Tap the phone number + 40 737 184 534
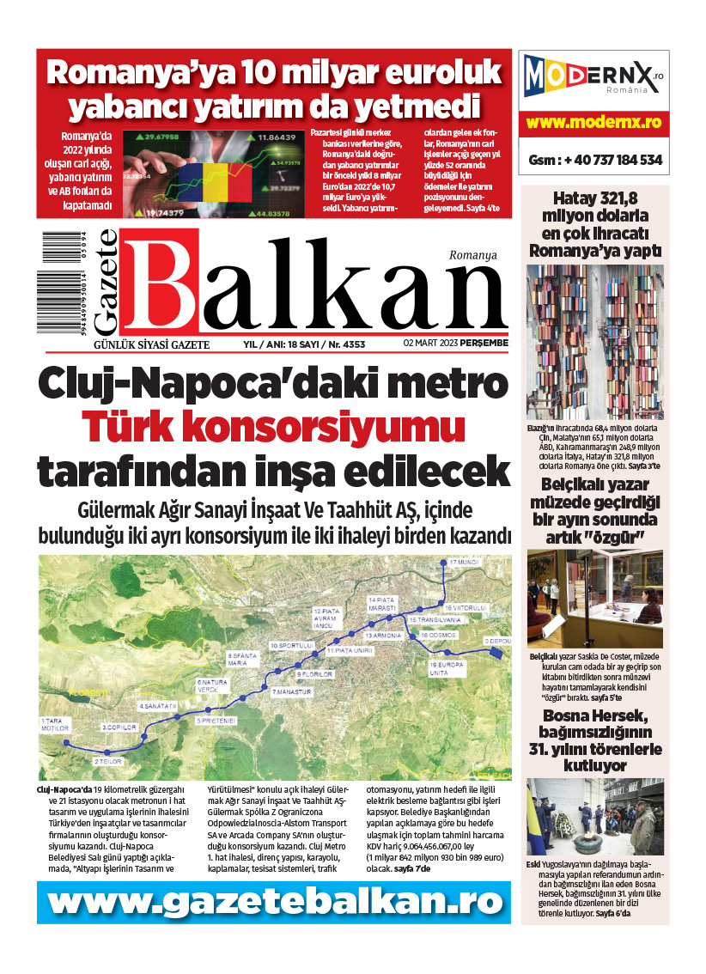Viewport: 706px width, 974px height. click(x=594, y=160)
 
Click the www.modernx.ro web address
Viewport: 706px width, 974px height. click(x=594, y=123)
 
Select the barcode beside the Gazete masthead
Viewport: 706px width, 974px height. click(x=59, y=283)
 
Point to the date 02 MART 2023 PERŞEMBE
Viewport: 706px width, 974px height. click(x=455, y=344)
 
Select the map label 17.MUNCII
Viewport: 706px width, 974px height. click(x=461, y=562)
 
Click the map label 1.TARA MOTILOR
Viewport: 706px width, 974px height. click(x=53, y=725)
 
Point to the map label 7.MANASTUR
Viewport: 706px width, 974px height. click(x=290, y=691)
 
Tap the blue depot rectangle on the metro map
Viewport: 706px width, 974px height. click(x=496, y=652)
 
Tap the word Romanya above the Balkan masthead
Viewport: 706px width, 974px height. click(x=473, y=255)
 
